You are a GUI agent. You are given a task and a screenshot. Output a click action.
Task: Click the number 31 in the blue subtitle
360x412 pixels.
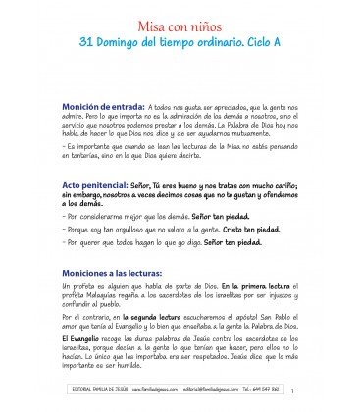click(x=87, y=45)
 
